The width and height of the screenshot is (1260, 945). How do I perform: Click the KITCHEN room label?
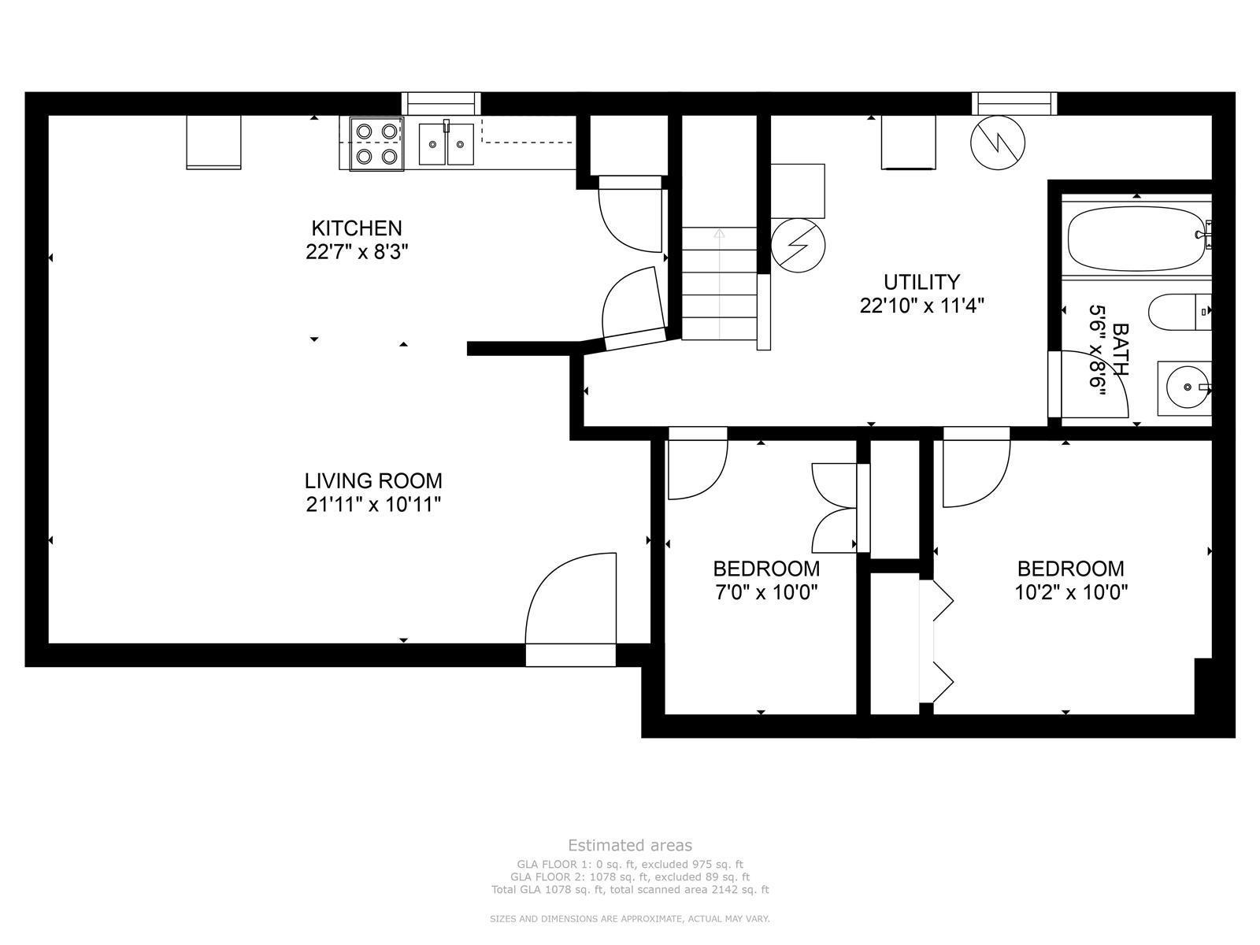[357, 228]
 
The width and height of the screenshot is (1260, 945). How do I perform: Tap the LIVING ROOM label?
[373, 480]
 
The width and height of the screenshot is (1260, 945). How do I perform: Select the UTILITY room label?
[921, 282]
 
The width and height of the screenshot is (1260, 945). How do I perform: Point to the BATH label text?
[1120, 349]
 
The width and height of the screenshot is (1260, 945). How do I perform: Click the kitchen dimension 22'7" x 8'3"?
[357, 252]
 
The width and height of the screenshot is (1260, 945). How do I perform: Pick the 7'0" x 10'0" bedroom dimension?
[765, 591]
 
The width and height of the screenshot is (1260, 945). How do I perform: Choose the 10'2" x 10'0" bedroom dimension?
[1071, 591]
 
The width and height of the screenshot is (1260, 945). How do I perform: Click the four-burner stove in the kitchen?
[376, 143]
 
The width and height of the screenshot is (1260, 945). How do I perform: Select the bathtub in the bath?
[1136, 238]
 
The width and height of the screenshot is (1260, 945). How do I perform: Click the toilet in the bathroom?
[1179, 312]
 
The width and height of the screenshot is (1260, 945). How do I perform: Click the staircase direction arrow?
[719, 284]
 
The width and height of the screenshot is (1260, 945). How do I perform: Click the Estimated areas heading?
[630, 845]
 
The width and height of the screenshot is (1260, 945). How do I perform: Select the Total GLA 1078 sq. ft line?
[630, 890]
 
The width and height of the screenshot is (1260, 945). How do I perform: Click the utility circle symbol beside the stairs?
[798, 245]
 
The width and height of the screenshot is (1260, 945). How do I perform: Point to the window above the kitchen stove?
[441, 103]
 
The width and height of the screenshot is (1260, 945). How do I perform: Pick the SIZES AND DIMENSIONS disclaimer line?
[630, 918]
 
